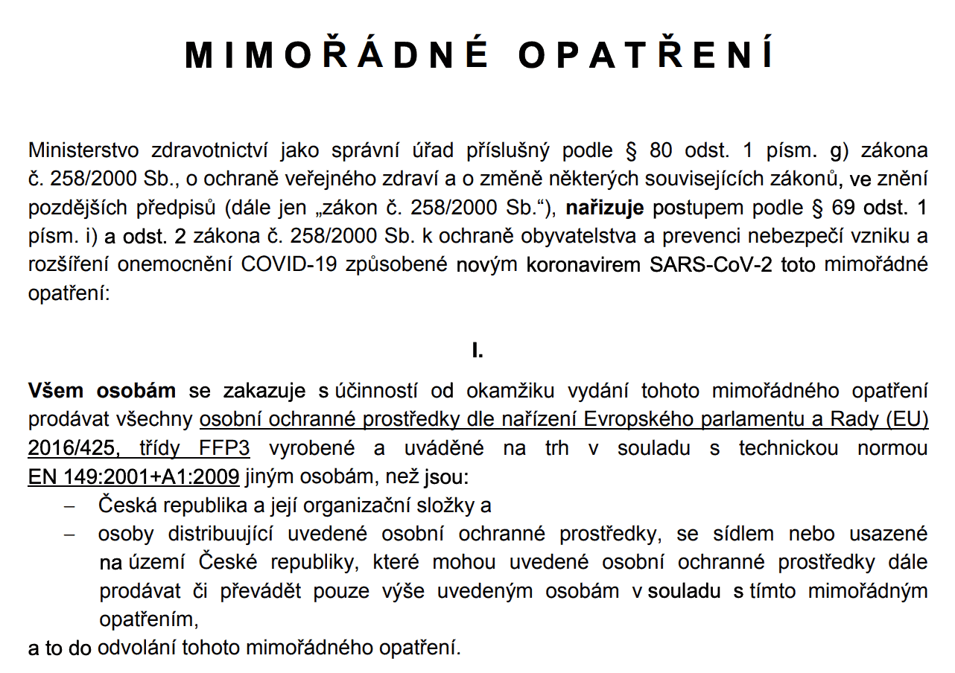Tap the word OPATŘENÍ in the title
point(646,55)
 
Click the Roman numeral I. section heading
point(477,351)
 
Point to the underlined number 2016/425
point(71,448)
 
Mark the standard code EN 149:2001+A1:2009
point(133,476)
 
